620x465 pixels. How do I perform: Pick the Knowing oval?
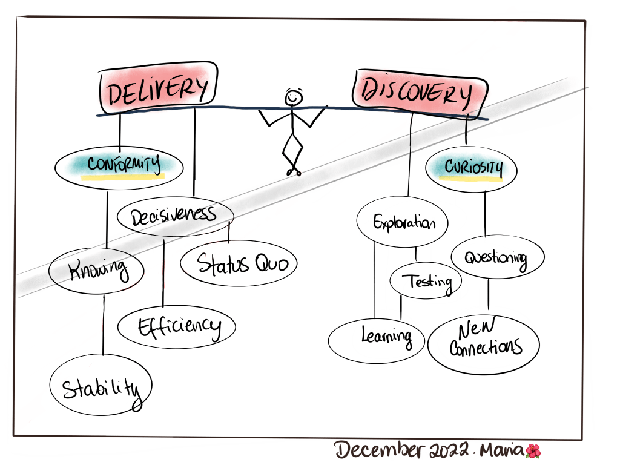(x=97, y=270)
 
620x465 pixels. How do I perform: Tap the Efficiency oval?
(x=176, y=327)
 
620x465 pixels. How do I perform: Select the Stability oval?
(x=100, y=386)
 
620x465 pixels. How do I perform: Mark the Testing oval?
(x=426, y=281)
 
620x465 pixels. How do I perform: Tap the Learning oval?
(x=377, y=336)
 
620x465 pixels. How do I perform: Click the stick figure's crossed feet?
(x=294, y=171)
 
